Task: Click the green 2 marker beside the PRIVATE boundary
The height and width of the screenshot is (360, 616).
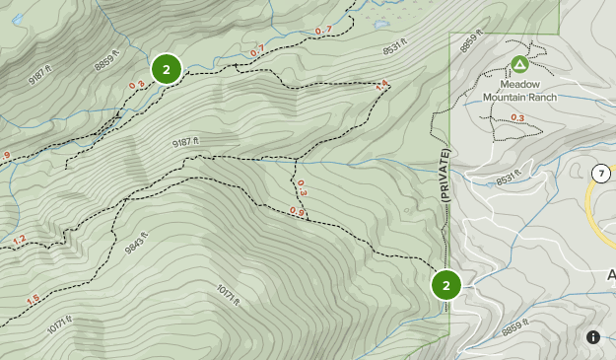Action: (445, 285)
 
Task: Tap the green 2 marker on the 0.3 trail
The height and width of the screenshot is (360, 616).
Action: (167, 69)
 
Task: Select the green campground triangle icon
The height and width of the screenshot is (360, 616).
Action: (518, 65)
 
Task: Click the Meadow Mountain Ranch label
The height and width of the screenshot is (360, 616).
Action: (519, 92)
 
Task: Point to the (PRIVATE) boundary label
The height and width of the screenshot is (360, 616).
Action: (445, 177)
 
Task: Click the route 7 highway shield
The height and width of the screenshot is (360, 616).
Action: (599, 174)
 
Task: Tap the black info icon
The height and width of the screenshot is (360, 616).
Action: (593, 337)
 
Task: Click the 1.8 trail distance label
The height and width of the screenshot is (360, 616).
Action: (382, 85)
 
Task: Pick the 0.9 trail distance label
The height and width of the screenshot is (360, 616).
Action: (297, 211)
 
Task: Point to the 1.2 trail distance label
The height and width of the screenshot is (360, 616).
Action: (20, 240)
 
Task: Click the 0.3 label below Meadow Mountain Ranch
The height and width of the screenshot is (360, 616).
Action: (517, 118)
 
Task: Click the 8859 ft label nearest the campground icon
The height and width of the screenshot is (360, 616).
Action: (475, 44)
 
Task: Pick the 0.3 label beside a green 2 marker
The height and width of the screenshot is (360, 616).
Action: (136, 85)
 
